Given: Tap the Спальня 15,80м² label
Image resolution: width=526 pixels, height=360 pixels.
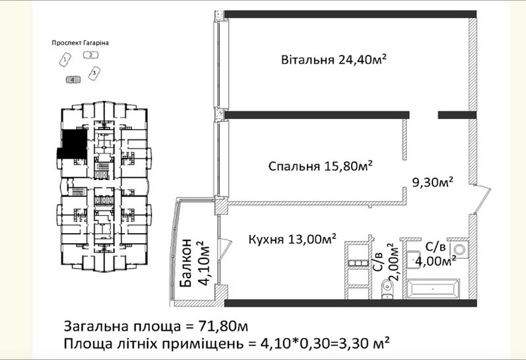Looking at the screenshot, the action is [321, 166].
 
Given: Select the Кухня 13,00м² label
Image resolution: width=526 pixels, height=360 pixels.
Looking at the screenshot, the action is [292, 239].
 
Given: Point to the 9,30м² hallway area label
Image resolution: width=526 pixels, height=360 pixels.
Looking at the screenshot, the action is [433, 182].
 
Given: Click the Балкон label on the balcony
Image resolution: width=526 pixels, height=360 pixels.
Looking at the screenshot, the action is [186, 263].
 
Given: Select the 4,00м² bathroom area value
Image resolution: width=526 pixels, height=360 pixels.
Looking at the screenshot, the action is [435, 260].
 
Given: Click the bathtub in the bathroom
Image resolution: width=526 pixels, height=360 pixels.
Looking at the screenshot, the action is [433, 289].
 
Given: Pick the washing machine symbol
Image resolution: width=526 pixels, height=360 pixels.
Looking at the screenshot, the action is [458, 249].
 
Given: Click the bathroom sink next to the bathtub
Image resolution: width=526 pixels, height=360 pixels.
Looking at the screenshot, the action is [415, 259].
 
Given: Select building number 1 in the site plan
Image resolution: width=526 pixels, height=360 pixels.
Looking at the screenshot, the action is [65, 60].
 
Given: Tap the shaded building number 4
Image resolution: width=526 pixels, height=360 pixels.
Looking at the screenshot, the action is [73, 80].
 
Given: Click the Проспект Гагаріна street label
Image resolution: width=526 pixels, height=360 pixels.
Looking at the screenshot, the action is [80, 43].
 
